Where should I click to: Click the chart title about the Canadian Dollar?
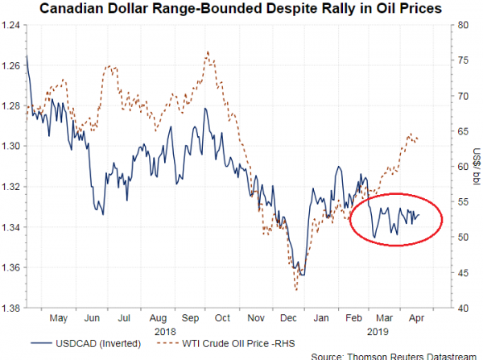point(242,9)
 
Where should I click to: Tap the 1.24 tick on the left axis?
point(12,25)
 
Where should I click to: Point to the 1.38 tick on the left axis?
point(12,308)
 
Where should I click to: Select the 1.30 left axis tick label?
point(12,146)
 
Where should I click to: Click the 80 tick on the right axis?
point(460,25)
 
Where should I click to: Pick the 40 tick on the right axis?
point(460,308)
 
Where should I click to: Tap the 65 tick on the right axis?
point(460,131)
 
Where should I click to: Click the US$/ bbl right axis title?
point(476,166)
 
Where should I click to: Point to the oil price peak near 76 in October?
point(208,52)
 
